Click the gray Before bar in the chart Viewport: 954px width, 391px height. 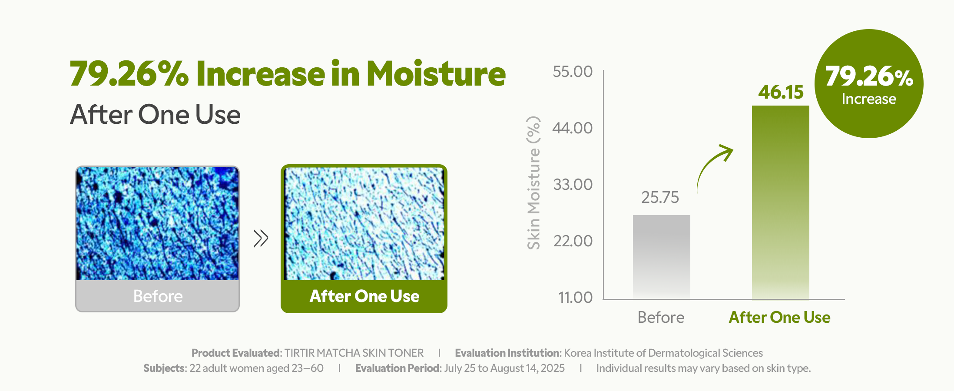[661, 257]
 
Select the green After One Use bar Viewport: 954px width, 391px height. [780, 202]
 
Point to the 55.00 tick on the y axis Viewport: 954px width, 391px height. [573, 72]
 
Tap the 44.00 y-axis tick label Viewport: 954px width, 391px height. [573, 128]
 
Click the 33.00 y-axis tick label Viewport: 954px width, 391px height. [573, 185]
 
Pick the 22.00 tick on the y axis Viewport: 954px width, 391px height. [573, 241]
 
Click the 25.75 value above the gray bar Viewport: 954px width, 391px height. [660, 198]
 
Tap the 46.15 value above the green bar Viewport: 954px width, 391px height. [781, 92]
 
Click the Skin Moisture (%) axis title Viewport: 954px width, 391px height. [533, 183]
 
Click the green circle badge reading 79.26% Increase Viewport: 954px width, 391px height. [869, 84]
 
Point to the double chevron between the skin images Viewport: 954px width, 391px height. [261, 238]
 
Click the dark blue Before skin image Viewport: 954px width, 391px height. [157, 224]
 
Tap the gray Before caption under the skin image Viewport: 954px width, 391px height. [158, 296]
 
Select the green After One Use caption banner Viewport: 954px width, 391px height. [364, 296]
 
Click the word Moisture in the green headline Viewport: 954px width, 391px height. [436, 74]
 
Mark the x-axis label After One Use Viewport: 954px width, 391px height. [780, 318]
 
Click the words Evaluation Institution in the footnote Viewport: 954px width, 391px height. [507, 353]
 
